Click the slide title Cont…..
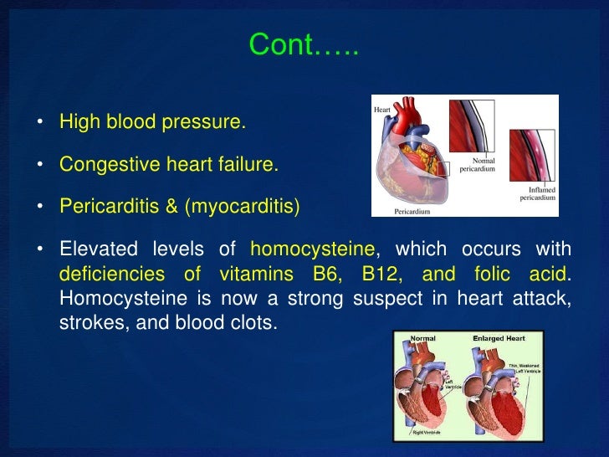[304, 46]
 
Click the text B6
[327, 275]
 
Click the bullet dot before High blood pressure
[39, 124]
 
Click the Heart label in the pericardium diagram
[382, 109]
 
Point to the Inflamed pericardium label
[536, 194]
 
